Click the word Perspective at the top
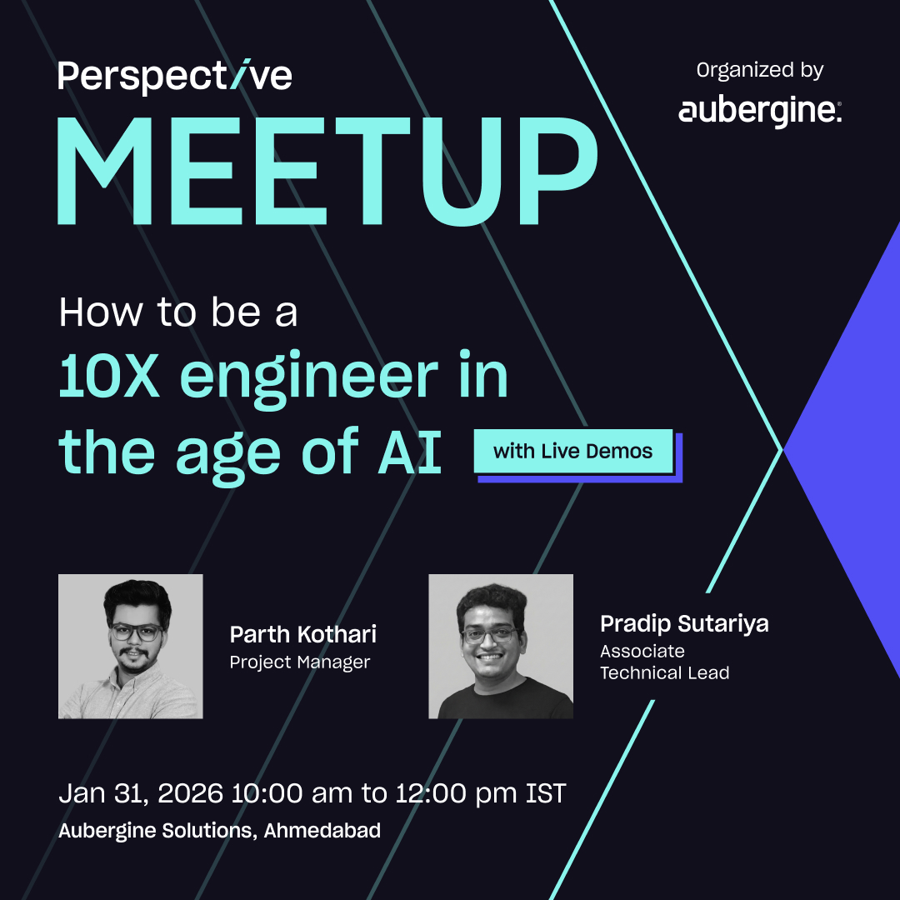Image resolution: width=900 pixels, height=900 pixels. (x=175, y=77)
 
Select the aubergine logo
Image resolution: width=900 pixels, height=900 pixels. (x=760, y=112)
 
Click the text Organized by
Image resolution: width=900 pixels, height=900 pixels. (x=760, y=71)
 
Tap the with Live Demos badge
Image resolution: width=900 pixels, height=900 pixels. (x=573, y=452)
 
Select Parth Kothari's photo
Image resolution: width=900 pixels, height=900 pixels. (x=131, y=647)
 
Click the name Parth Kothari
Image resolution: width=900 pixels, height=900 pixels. (x=303, y=635)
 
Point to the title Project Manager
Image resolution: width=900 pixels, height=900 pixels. (x=300, y=662)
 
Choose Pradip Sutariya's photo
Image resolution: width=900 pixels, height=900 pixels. (x=501, y=647)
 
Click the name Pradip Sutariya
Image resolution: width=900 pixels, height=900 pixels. (x=684, y=623)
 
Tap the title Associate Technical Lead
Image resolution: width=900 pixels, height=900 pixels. (x=664, y=662)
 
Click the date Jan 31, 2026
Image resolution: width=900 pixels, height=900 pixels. (x=141, y=793)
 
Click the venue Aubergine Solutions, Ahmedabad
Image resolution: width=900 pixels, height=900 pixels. (x=220, y=831)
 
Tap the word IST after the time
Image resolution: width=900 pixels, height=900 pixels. (x=546, y=793)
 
